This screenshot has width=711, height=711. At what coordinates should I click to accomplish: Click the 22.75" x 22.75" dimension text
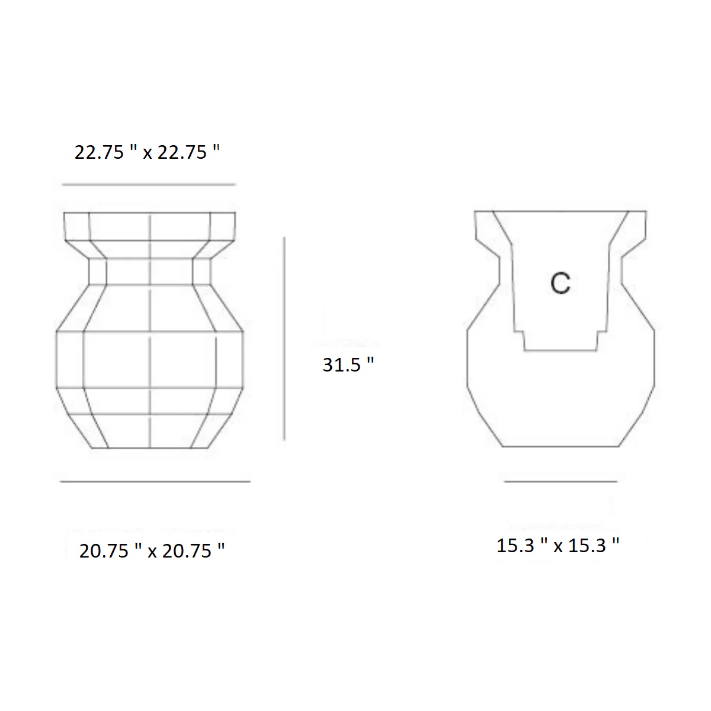tap(147, 152)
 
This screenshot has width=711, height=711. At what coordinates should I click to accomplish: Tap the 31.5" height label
tap(348, 364)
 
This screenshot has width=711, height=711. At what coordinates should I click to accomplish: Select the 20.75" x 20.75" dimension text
tap(152, 550)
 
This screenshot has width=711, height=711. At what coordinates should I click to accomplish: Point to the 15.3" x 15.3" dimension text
tap(558, 545)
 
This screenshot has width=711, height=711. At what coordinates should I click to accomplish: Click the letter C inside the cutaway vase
tap(561, 283)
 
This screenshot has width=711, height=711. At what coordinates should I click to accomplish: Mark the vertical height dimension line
tap(284, 339)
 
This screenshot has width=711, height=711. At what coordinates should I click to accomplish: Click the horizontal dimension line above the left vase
tap(149, 184)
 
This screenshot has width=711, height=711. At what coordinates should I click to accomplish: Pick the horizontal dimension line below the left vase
tap(155, 482)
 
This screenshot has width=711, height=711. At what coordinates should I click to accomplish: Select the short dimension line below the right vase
tap(561, 482)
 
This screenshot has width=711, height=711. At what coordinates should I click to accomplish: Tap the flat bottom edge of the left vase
tap(149, 448)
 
